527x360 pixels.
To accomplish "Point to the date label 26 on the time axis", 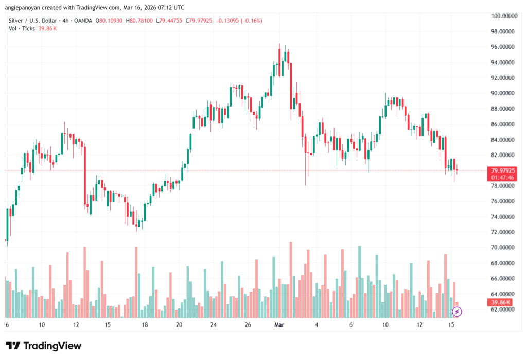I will (248, 325).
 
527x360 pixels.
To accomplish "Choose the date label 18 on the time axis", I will (145, 325).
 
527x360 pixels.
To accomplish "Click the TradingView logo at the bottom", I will (43, 346).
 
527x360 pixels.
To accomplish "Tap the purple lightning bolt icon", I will (456, 311).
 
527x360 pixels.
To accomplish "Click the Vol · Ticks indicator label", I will (22, 28).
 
